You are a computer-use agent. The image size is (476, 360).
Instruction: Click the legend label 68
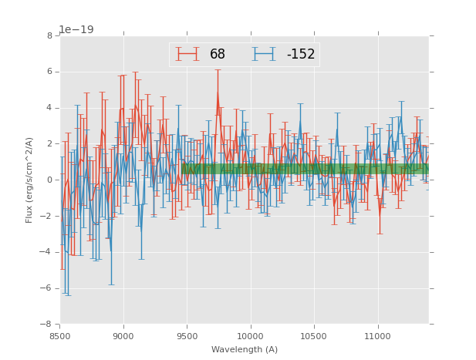(x=218, y=55)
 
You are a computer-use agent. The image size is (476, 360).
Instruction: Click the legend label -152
(x=300, y=55)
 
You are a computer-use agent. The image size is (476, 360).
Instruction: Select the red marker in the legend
(x=187, y=54)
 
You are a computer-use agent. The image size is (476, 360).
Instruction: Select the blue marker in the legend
(x=264, y=54)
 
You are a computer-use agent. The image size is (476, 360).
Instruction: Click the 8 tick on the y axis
(x=49, y=36)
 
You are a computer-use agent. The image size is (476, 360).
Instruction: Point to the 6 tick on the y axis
(x=49, y=72)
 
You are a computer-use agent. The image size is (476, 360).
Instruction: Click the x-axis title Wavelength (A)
(x=245, y=349)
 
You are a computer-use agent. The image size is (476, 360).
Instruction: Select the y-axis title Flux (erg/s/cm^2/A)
(x=29, y=180)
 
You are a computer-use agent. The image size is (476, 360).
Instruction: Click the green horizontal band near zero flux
(x=309, y=168)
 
